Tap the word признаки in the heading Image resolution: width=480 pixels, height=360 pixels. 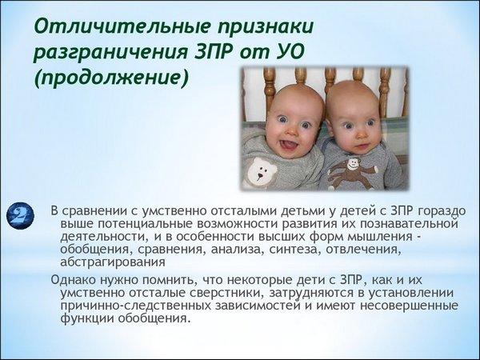(266, 27)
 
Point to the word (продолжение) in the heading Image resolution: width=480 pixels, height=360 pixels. (111, 78)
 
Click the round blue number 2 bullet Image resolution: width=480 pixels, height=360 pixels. (20, 216)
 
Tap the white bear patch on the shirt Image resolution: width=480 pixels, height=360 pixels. (261, 174)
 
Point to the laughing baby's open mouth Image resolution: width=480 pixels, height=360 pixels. (287, 144)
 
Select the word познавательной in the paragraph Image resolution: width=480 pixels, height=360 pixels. (409, 224)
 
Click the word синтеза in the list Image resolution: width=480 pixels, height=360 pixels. (294, 250)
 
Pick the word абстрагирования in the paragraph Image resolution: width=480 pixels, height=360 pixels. (113, 262)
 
